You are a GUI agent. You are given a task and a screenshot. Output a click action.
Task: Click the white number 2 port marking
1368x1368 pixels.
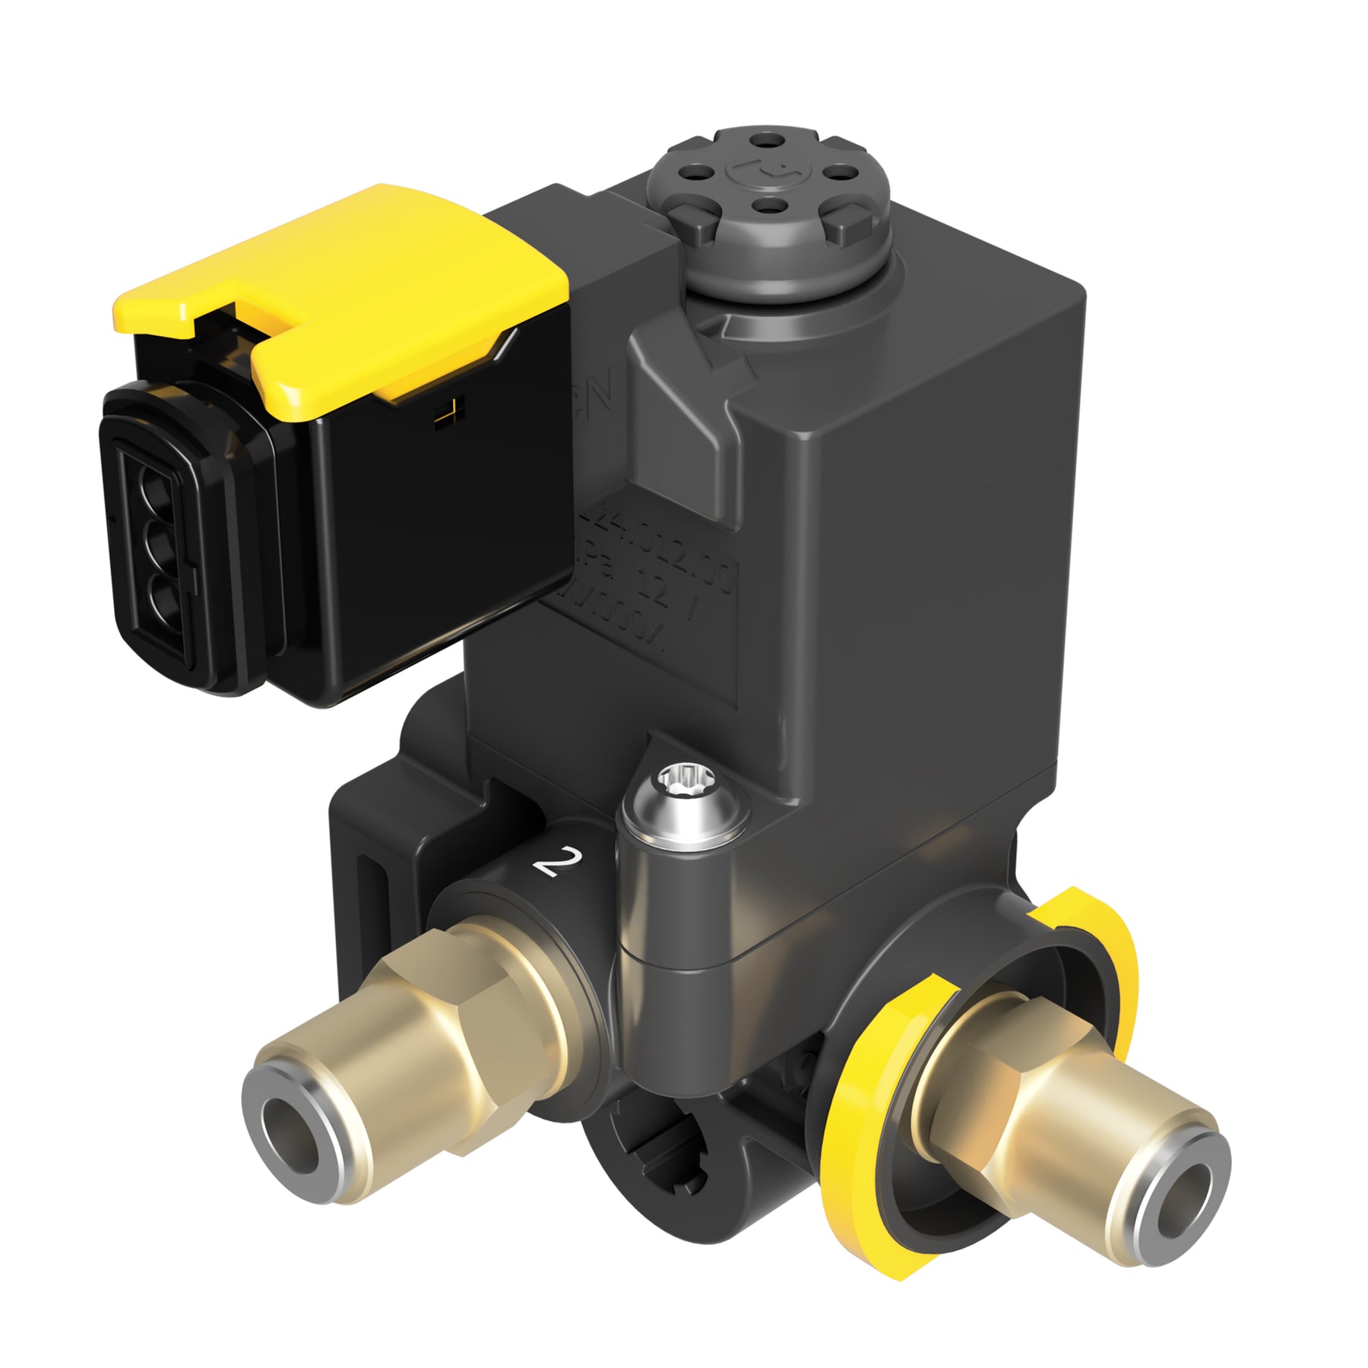coord(559,861)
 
